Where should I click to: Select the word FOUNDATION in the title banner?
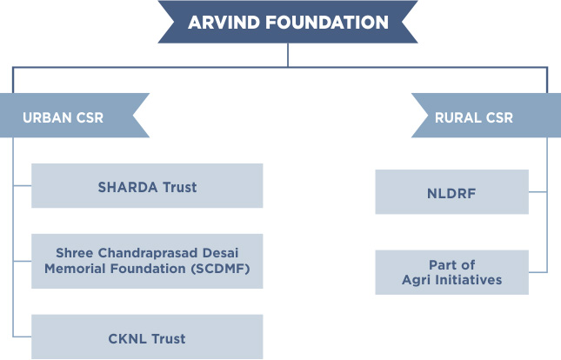[327, 23]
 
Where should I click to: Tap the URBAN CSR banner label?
[63, 117]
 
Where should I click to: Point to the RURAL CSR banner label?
[474, 117]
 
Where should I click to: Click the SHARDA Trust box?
[147, 186]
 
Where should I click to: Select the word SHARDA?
[128, 187]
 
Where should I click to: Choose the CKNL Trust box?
[147, 337]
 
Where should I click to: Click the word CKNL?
[127, 338]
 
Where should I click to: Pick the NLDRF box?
[452, 192]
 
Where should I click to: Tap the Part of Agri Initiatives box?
[452, 272]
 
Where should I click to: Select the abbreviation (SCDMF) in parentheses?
[220, 269]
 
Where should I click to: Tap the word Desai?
[220, 253]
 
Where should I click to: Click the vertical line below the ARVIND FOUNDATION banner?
[288, 55]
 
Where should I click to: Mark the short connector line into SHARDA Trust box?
[23, 186]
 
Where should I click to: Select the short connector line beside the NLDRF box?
[538, 192]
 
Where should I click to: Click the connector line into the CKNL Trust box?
[23, 337]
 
